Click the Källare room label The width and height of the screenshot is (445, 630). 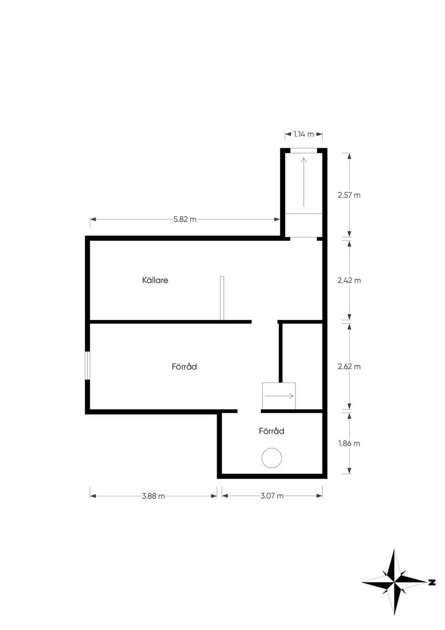tap(155, 280)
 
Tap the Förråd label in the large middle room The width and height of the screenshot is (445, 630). tap(184, 366)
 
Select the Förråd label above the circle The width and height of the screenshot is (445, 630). tap(271, 431)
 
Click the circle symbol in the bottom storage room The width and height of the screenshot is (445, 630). tap(272, 458)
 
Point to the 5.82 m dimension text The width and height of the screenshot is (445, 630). tap(185, 219)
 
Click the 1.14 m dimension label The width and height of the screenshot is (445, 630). tap(304, 134)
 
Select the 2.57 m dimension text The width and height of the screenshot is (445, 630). tap(349, 195)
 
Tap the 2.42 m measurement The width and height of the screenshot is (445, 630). tap(349, 280)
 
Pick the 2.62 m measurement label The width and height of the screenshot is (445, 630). tap(349, 366)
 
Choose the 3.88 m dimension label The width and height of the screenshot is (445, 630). tap(153, 496)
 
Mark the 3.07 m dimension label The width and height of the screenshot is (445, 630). tap(272, 496)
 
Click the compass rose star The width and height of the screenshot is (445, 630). tap(395, 582)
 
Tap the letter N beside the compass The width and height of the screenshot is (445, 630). tap(432, 582)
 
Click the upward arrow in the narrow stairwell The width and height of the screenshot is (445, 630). tap(304, 182)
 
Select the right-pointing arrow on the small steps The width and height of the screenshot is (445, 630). tap(279, 396)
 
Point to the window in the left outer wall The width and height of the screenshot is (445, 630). tap(88, 365)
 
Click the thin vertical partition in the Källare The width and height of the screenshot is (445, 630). tap(222, 298)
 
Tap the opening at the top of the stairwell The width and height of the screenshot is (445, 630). tap(304, 151)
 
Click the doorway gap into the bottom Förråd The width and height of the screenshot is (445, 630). tap(249, 411)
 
